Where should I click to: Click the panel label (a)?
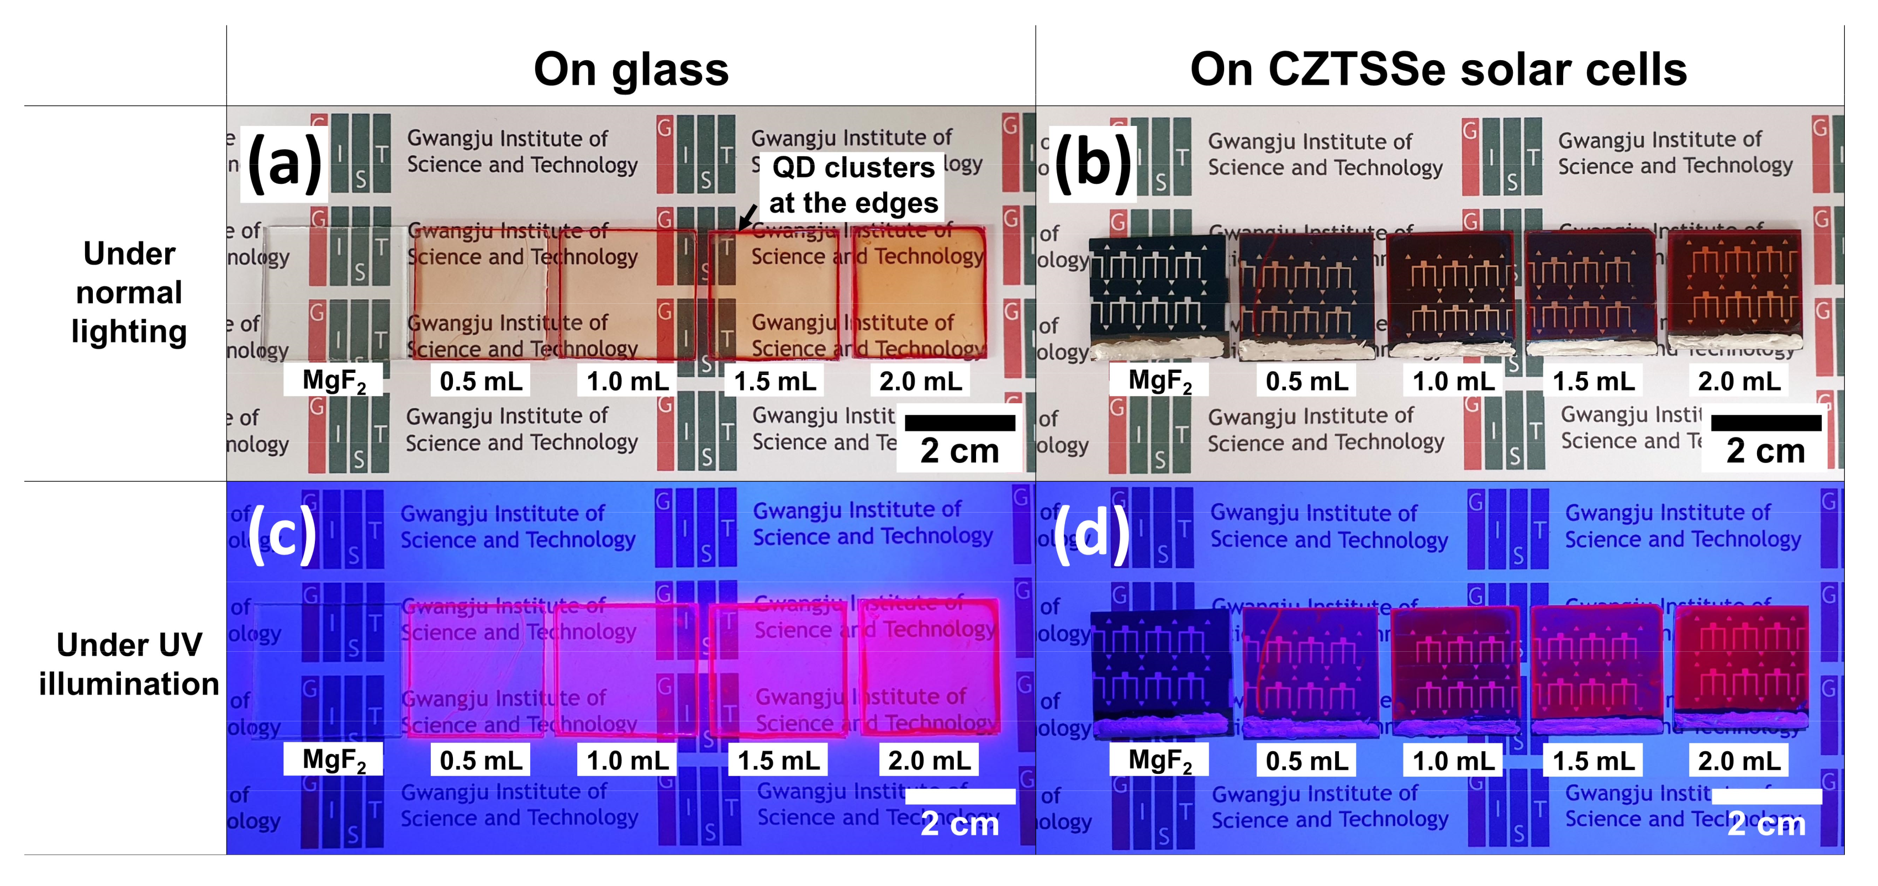coord(284,164)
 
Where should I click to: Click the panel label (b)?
coord(1092,164)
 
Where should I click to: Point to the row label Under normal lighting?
coord(129,292)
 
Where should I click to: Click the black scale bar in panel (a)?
coord(959,423)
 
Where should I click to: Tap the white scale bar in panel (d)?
coord(1766,797)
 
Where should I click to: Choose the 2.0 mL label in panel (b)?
coord(1739,381)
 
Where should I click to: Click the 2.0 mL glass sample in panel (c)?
coord(930,667)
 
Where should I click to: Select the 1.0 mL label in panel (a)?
coord(627,381)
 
